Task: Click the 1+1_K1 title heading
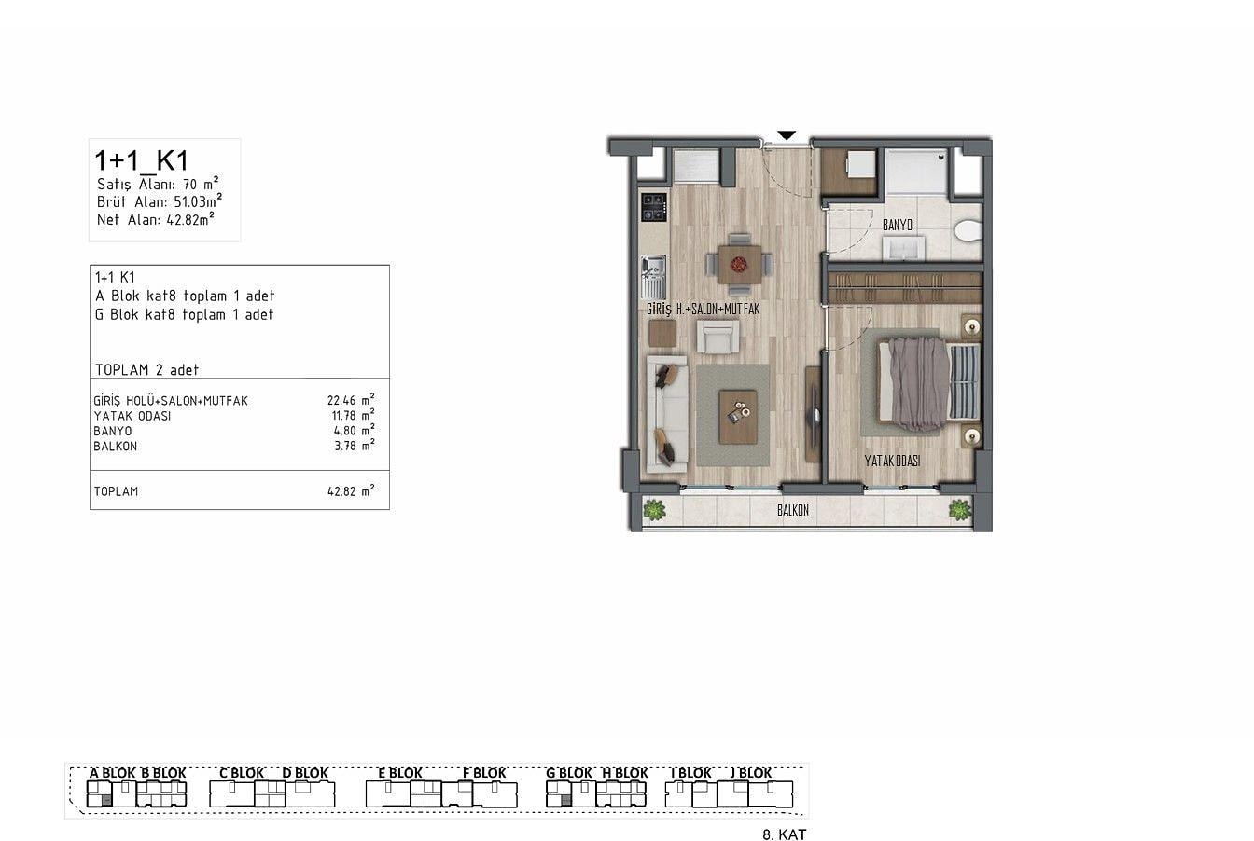point(142,160)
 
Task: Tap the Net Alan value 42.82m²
point(190,219)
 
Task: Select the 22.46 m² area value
point(351,399)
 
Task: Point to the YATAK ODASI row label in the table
point(132,416)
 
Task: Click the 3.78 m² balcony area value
point(355,446)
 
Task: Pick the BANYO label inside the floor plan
point(898,225)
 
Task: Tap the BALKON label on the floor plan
point(793,510)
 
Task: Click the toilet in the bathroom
point(968,230)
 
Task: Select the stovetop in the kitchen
point(654,207)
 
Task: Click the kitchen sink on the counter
point(653,278)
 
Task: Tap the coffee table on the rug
point(738,415)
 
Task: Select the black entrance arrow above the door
point(787,135)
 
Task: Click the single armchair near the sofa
point(718,337)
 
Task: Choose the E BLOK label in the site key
point(400,773)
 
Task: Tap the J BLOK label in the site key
point(751,773)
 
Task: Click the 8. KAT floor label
point(785,834)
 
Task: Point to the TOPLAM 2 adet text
point(146,369)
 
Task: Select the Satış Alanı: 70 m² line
point(158,184)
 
